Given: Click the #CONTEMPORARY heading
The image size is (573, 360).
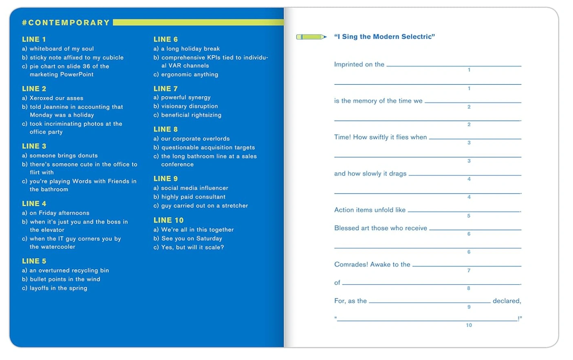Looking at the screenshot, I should [x=66, y=23].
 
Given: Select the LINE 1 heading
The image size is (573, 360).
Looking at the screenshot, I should [x=34, y=40].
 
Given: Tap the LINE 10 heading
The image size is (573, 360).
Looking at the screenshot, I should [x=168, y=220].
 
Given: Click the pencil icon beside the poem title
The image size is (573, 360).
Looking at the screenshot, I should [x=311, y=37].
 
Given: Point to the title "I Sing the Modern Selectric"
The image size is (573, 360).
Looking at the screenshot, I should [x=384, y=37].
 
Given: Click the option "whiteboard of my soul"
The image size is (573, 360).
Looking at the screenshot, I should [x=61, y=49].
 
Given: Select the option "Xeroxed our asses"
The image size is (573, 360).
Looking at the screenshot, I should [x=56, y=98].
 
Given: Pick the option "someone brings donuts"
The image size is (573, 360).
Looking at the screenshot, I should [x=63, y=156].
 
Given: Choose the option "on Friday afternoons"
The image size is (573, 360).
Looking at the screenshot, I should [x=59, y=213].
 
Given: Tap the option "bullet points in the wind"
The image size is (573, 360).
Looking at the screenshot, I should [x=64, y=279].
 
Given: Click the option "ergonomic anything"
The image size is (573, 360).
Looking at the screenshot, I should [x=189, y=75].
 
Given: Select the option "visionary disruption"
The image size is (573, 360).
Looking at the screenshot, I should [x=189, y=106].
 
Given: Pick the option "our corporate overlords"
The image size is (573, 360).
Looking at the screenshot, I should [x=195, y=139].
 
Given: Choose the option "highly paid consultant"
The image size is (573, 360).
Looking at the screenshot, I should [x=193, y=197].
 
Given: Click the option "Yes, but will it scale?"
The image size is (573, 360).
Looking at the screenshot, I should [x=192, y=247].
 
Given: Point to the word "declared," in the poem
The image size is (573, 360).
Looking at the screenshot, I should [x=507, y=301].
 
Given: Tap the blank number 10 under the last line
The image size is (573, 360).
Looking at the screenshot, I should [x=469, y=325].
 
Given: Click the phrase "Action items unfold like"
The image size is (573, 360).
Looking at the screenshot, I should [x=370, y=210].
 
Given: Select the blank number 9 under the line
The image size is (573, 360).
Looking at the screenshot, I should [x=469, y=307].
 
